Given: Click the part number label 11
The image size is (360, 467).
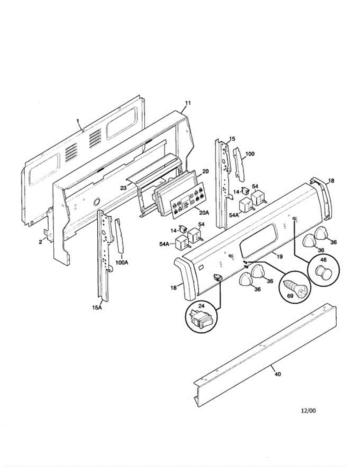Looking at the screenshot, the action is [x=188, y=103].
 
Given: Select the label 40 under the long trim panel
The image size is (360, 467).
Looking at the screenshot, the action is [x=277, y=374].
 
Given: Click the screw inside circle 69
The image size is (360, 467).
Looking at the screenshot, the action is [x=295, y=288].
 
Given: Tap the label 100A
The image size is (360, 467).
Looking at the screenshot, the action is [x=121, y=263].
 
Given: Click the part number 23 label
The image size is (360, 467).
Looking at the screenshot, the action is [x=123, y=188].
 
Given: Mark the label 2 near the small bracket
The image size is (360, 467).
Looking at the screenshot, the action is [x=40, y=242].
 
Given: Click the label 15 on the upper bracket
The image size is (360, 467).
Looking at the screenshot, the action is [x=232, y=139].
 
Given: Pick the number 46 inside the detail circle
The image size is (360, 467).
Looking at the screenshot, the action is [x=323, y=259].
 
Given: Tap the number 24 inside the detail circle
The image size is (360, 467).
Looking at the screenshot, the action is [x=201, y=306].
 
